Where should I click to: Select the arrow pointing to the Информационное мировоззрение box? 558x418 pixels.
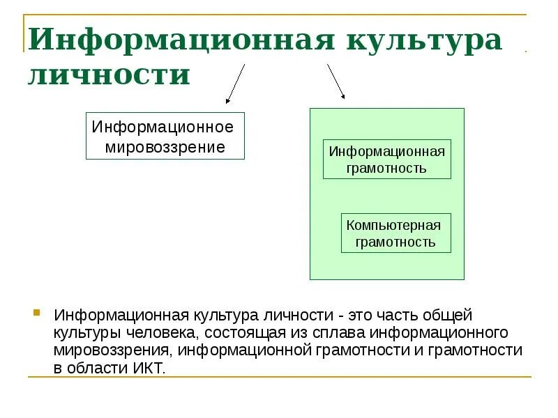click(235, 84)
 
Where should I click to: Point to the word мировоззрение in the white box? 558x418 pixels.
click(165, 147)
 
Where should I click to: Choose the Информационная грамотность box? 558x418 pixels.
click(387, 160)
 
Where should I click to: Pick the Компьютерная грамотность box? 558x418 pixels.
click(395, 233)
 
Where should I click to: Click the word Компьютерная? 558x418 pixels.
click(394, 225)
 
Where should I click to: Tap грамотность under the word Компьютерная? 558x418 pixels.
click(395, 242)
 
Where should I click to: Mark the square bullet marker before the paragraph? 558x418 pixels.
click(36, 311)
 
